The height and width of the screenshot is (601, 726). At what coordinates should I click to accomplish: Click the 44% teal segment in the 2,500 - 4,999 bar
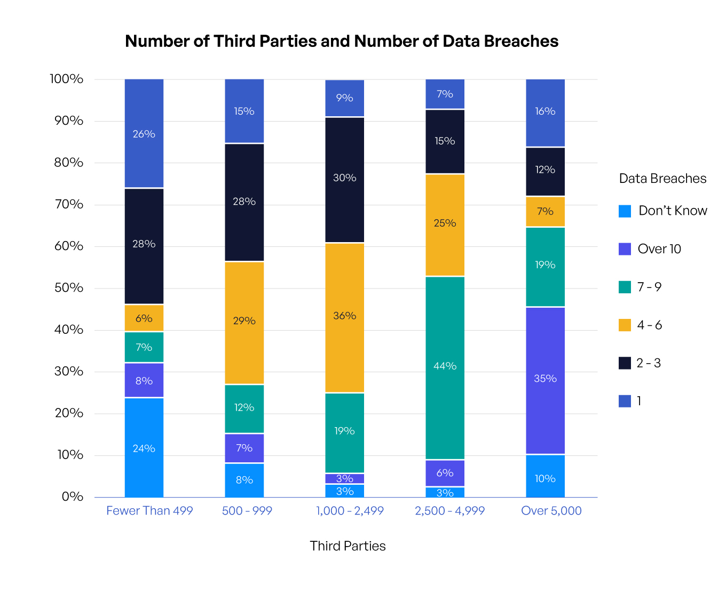point(445,367)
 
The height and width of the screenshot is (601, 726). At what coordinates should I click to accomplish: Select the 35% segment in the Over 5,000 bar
point(545,380)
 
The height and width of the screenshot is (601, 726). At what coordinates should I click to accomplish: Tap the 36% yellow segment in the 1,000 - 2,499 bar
point(344,317)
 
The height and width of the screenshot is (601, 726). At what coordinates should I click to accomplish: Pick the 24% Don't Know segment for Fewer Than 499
point(144,447)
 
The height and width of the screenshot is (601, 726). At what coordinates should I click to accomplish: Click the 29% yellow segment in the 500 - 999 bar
point(244,323)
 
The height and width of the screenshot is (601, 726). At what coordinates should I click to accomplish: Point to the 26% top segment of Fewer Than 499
point(144,133)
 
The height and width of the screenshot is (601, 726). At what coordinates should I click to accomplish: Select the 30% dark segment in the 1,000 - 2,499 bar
point(344,180)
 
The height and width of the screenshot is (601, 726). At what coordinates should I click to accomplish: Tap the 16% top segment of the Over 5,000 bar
point(545,113)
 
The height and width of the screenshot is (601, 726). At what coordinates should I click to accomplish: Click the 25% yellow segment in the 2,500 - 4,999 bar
point(445,225)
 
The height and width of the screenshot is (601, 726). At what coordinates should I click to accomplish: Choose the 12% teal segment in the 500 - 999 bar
point(244,408)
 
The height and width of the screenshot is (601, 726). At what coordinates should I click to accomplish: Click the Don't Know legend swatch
point(625,211)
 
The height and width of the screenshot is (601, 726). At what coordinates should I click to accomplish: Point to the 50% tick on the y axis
point(69,288)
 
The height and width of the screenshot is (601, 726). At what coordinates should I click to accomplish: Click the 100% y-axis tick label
point(67,79)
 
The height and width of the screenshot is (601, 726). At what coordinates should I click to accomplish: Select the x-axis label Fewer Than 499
point(149,511)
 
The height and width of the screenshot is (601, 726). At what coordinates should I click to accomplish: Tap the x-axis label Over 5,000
point(551,511)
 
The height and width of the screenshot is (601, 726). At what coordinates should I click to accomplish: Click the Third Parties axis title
point(348,546)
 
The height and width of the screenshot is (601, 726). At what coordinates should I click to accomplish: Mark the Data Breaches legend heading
point(662,179)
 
